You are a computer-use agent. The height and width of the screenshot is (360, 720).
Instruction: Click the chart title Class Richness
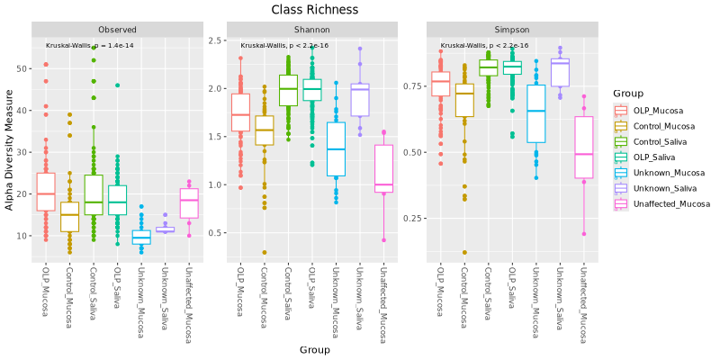[x=315, y=10]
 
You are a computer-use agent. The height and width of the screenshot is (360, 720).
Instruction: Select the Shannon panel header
[x=311, y=30]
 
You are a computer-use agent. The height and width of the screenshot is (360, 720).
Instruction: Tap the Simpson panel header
[x=506, y=30]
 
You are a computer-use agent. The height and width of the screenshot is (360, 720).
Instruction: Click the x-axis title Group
[x=315, y=349]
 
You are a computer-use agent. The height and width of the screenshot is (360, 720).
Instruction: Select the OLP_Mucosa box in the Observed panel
[x=46, y=192]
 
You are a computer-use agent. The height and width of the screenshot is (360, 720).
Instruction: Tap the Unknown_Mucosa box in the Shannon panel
[x=336, y=148]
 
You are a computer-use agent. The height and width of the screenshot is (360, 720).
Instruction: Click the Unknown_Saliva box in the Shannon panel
[x=360, y=100]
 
